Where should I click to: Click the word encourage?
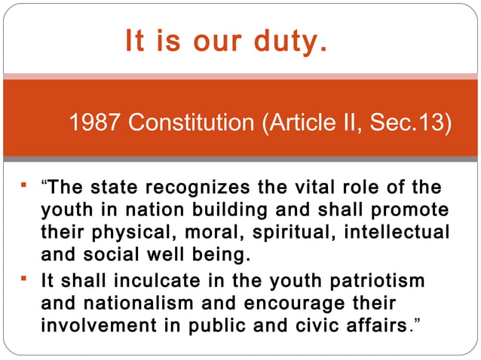pos(283,303)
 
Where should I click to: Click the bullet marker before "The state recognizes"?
pos(25,185)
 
